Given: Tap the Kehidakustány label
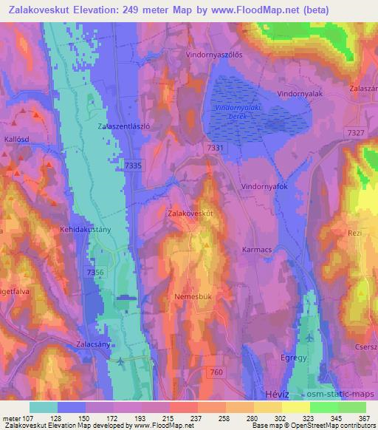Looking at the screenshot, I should click(85, 230).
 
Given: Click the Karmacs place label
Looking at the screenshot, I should click(258, 250).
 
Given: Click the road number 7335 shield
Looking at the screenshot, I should click(134, 165).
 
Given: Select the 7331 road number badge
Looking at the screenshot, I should click(215, 149).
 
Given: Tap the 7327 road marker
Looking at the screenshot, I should click(355, 132).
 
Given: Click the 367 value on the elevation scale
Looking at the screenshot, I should click(363, 417).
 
